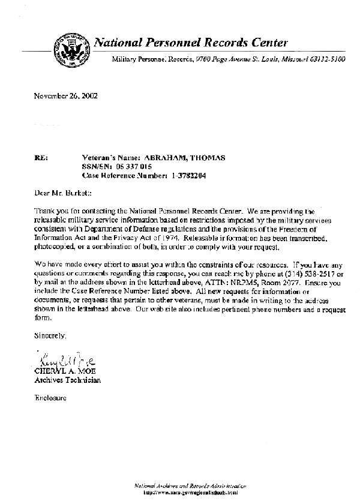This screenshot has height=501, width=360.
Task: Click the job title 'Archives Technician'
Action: click(67, 380)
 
